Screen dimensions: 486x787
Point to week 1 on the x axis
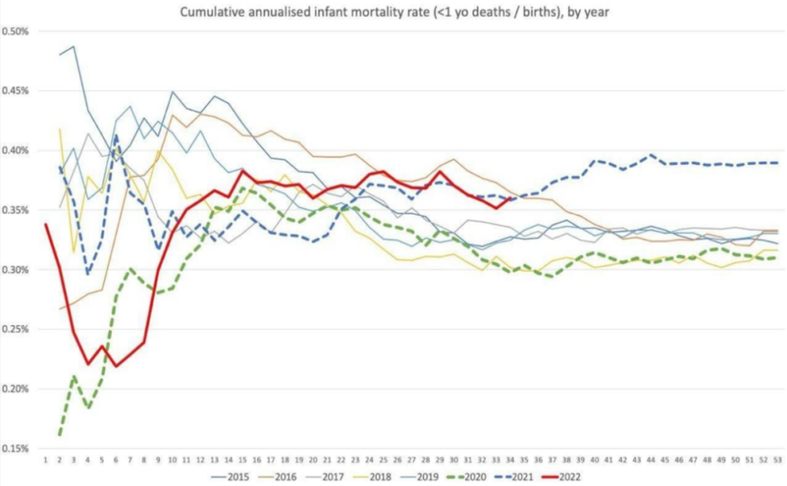pos(46,459)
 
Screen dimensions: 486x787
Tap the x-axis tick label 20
pos(312,459)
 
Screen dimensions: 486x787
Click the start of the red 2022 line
pos(46,224)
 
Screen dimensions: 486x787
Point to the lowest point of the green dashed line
pos(60,435)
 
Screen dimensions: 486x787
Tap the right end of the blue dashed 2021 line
pos(776,163)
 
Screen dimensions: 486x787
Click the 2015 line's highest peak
pos(73,47)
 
